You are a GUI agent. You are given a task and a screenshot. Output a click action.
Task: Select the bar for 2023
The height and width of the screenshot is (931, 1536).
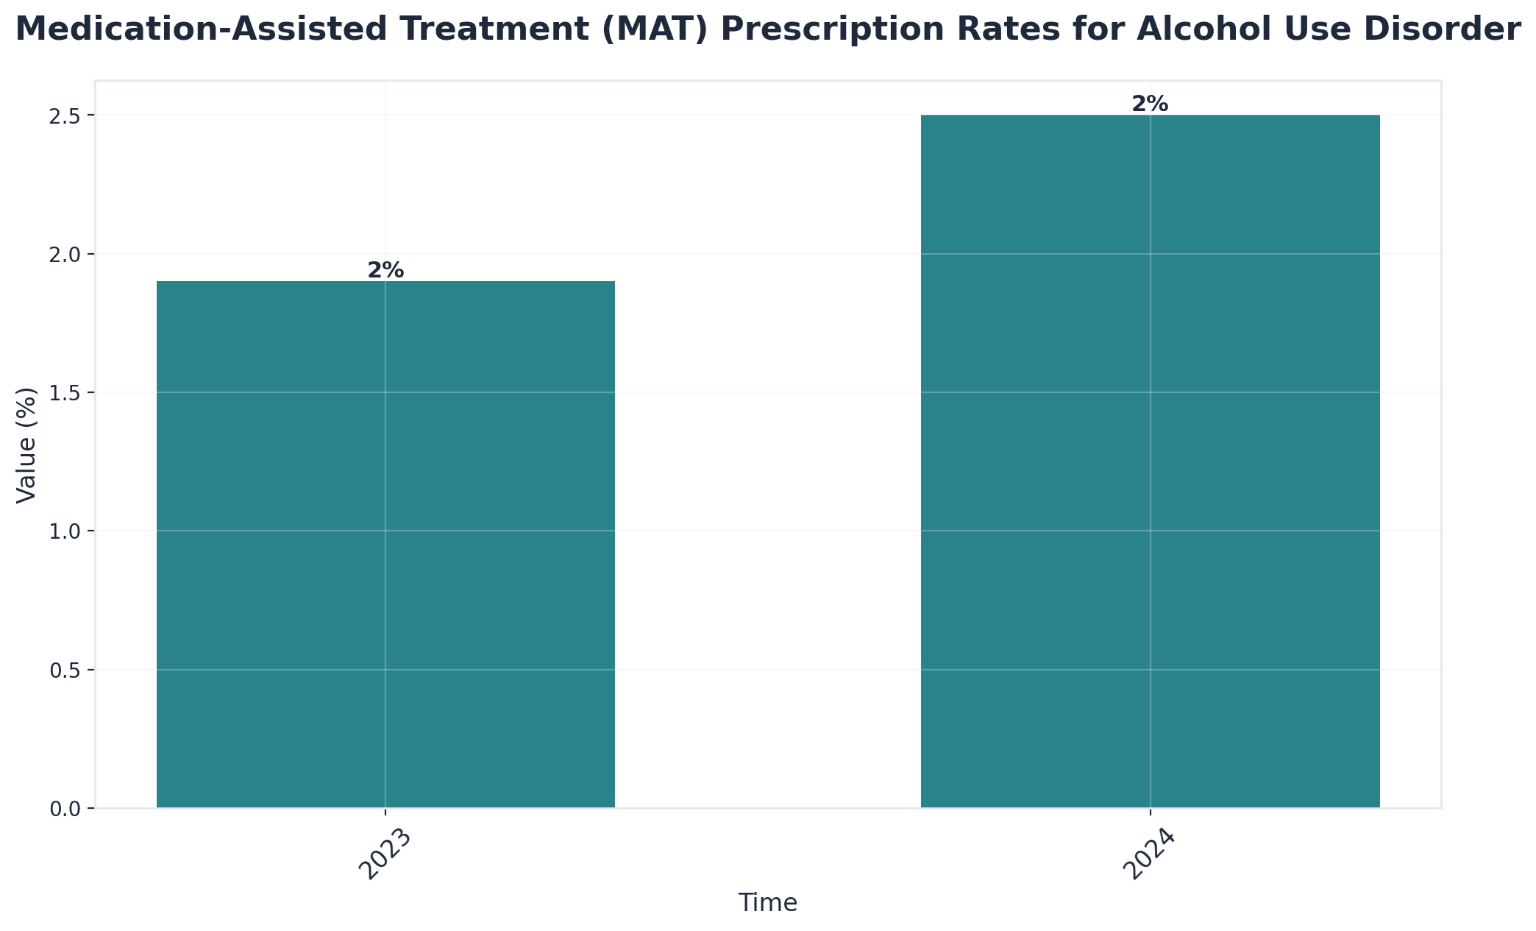click(x=385, y=545)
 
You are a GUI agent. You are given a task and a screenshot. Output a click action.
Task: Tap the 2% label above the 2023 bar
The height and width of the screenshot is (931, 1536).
click(x=385, y=271)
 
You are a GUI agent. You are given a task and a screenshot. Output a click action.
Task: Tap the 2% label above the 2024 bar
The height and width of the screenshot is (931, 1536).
click(x=1150, y=105)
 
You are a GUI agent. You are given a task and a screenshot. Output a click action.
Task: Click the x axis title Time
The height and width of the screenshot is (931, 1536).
click(x=767, y=903)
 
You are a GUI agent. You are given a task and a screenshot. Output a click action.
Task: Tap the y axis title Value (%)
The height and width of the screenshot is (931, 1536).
click(x=26, y=445)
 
